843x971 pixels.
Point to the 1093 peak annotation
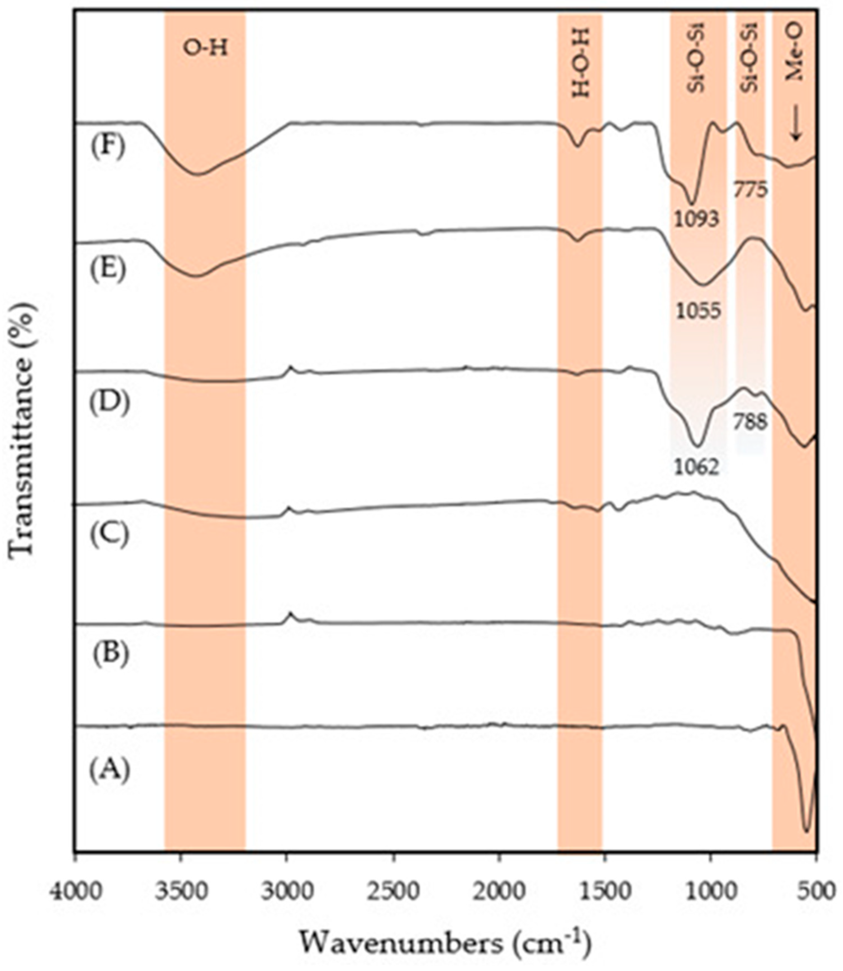(x=696, y=218)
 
